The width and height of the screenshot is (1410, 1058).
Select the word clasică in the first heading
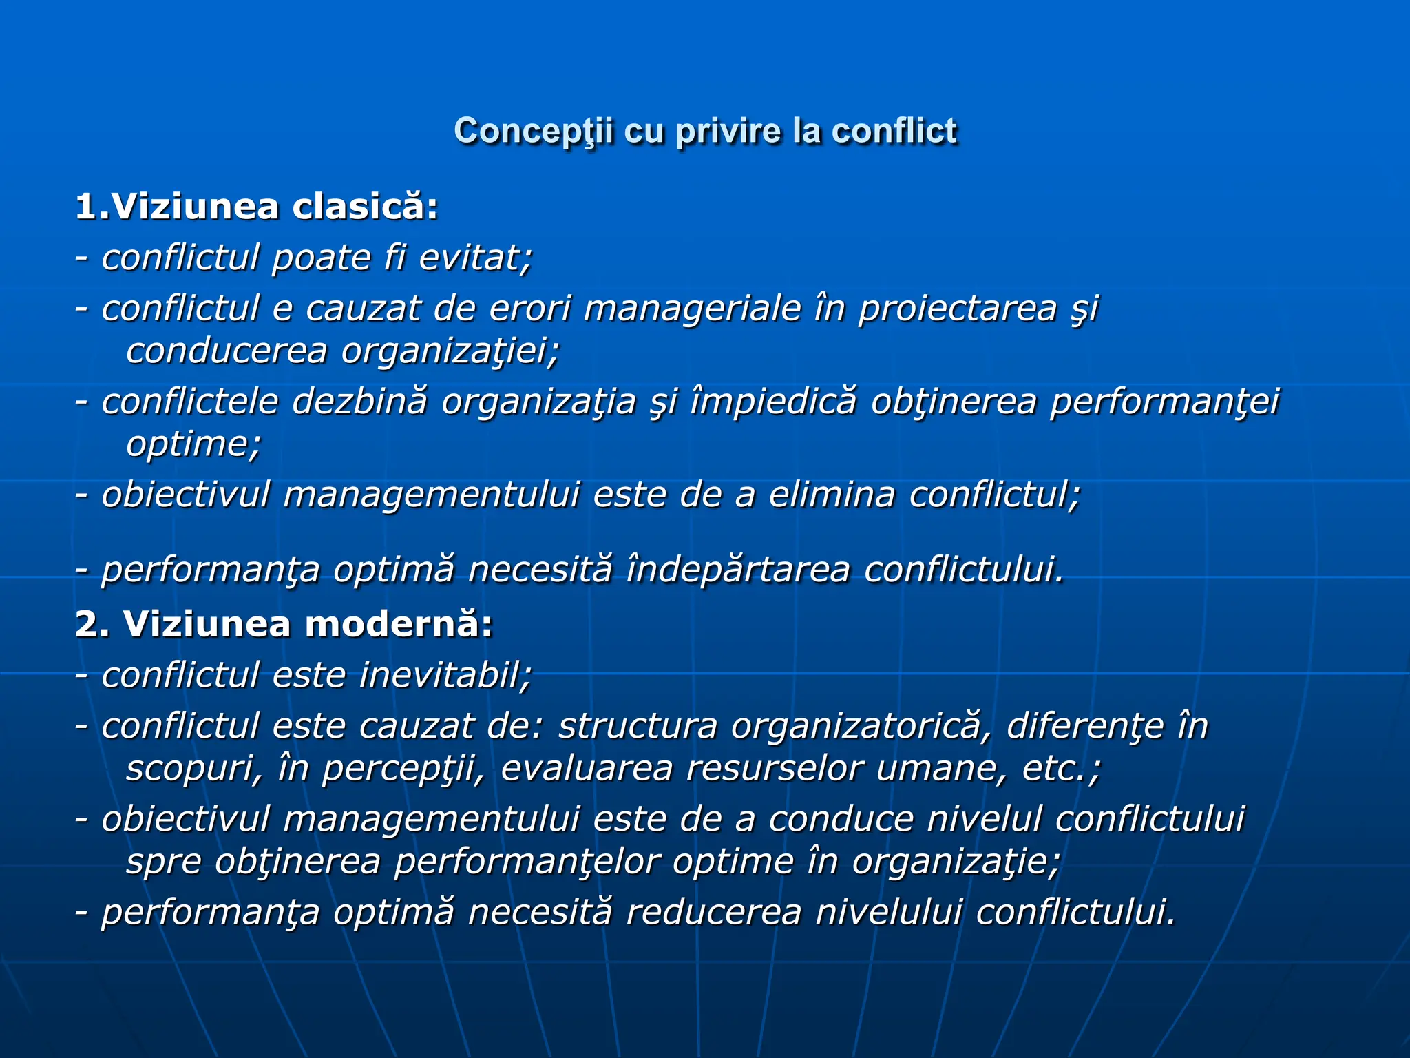365,207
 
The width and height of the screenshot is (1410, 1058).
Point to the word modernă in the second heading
399,625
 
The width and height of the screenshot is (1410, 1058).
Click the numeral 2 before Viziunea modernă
87,625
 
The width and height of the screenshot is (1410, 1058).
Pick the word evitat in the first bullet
476,258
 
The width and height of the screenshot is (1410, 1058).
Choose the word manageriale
693,308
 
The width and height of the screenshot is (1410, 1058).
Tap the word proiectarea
958,308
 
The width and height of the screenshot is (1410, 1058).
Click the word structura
638,726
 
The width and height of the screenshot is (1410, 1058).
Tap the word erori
530,308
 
